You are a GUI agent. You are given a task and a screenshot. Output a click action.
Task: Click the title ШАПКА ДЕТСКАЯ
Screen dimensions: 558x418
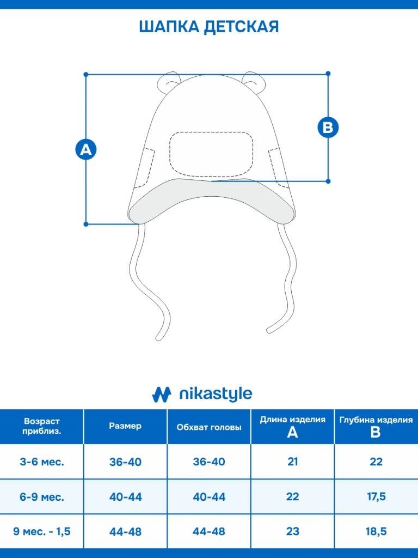(x=209, y=27)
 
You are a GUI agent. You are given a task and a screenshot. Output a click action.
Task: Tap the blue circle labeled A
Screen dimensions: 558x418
(x=85, y=149)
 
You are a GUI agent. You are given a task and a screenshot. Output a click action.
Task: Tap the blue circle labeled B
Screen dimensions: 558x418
(x=328, y=127)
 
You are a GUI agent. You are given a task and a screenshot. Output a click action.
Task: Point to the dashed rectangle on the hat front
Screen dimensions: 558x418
(x=211, y=154)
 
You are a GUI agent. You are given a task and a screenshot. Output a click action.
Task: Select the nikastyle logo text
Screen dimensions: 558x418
(x=216, y=394)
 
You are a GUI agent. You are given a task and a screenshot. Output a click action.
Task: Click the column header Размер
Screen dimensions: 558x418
(x=125, y=426)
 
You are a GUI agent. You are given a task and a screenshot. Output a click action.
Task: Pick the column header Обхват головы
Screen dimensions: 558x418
(x=209, y=427)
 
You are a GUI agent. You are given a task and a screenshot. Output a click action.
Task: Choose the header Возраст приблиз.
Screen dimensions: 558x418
(x=42, y=426)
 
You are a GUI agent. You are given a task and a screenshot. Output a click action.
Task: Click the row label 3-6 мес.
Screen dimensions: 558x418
(x=42, y=462)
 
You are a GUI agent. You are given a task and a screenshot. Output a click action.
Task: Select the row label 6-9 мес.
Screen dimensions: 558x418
(x=42, y=497)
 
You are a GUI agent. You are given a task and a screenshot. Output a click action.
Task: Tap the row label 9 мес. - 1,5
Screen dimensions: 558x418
(x=42, y=531)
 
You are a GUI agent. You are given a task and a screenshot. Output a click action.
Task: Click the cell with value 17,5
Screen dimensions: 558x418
(x=376, y=497)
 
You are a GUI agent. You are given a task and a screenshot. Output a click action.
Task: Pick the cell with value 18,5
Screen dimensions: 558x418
(x=376, y=531)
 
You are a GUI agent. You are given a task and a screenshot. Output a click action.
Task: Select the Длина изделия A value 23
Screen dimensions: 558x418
(x=293, y=531)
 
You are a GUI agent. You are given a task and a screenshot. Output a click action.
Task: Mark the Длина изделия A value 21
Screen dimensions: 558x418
(x=293, y=462)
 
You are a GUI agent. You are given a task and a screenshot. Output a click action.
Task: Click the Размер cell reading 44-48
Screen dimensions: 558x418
(x=125, y=531)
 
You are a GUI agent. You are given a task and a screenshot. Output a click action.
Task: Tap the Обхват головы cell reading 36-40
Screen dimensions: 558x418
(x=209, y=462)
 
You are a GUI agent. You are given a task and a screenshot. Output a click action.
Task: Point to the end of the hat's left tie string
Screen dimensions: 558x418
(x=159, y=337)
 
